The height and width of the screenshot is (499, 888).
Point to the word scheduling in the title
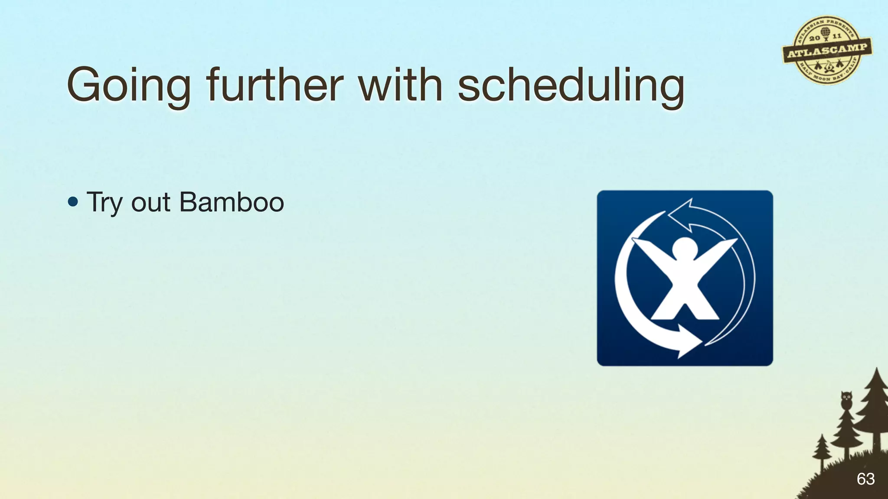tap(571, 86)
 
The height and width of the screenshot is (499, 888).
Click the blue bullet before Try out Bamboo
tap(73, 202)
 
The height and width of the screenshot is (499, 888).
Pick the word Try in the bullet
tap(104, 203)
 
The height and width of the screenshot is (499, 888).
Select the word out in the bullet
tap(150, 203)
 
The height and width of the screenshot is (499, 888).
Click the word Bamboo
tap(232, 202)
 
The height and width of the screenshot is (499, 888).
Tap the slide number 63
tap(865, 479)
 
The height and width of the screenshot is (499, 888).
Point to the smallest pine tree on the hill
tap(822, 450)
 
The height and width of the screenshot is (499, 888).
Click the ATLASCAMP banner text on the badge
tap(827, 51)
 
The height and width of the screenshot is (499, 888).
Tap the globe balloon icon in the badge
tap(825, 33)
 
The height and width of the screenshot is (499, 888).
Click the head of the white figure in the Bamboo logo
tap(684, 250)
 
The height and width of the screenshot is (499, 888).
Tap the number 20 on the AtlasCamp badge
tap(814, 38)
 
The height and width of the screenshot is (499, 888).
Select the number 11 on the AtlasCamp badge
tap(837, 36)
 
